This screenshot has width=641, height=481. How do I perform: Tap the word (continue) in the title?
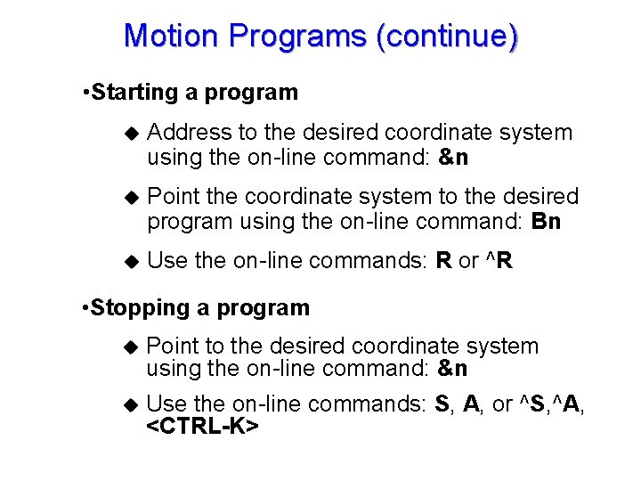pos(447,37)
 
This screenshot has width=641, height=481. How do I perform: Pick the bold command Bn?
pos(545,222)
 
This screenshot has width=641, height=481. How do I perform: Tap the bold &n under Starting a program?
pos(453,159)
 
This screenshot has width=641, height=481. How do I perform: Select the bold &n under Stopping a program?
pos(453,369)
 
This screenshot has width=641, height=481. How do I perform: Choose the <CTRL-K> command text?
pos(202,427)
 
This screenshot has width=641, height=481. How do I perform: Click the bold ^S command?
pos(530,404)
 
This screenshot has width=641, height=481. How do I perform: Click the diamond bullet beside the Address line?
pos(132,134)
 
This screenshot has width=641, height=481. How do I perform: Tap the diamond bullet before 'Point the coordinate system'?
pos(132,197)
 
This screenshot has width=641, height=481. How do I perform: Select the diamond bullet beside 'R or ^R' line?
pos(132,262)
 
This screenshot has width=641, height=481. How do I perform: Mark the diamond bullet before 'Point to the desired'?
pos(132,347)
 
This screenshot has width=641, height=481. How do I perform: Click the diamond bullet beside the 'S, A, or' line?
pos(132,404)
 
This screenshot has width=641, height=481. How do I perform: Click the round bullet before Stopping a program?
pos(84,309)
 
